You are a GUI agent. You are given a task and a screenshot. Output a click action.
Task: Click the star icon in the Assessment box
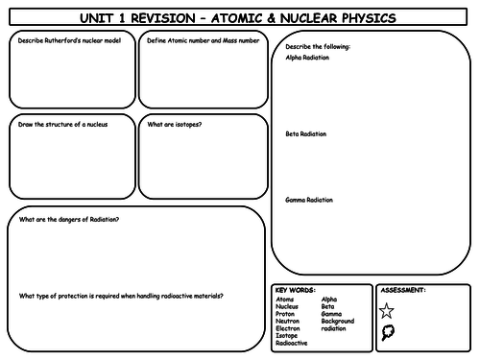coord(387,310)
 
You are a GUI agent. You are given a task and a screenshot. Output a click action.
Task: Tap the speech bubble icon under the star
coord(387,332)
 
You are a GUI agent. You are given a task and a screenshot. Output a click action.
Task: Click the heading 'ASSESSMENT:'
coord(403,289)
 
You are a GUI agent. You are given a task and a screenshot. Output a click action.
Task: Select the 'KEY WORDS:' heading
coord(294,289)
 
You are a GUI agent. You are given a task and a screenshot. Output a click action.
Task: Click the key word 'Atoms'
coord(284,299)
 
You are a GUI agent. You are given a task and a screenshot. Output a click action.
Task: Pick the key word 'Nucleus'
coord(287,306)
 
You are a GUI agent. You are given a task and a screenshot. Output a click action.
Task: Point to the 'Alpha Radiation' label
coord(307,58)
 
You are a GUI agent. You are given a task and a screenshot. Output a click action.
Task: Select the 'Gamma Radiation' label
coord(309,200)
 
